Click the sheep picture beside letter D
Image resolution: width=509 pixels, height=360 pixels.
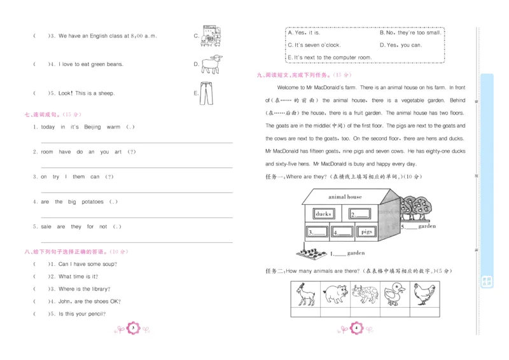click(x=211, y=64)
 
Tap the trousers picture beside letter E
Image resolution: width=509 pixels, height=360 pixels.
click(x=205, y=93)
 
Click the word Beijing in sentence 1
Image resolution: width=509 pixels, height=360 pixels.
click(x=92, y=127)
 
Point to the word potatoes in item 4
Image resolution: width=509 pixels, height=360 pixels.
click(x=92, y=202)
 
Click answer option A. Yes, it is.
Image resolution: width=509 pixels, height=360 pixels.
click(x=305, y=32)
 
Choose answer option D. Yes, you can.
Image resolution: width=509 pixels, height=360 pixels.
click(x=400, y=45)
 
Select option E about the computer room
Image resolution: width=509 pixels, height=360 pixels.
click(x=330, y=58)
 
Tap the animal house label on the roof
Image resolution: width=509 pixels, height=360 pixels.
click(x=345, y=197)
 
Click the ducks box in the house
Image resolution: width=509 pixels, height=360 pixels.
click(x=323, y=214)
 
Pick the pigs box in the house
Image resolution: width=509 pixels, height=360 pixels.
click(x=366, y=232)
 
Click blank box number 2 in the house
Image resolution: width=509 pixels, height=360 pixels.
click(x=360, y=214)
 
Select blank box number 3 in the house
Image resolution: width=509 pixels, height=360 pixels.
click(x=316, y=233)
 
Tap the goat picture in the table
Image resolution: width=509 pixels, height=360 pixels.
click(x=306, y=294)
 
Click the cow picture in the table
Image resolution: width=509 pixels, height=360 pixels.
click(x=365, y=294)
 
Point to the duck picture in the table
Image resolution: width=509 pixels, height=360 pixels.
click(x=394, y=294)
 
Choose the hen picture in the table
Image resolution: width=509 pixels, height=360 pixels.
click(x=424, y=294)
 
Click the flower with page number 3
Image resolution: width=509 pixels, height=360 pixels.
click(x=134, y=328)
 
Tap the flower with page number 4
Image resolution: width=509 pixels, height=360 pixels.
click(x=356, y=328)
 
